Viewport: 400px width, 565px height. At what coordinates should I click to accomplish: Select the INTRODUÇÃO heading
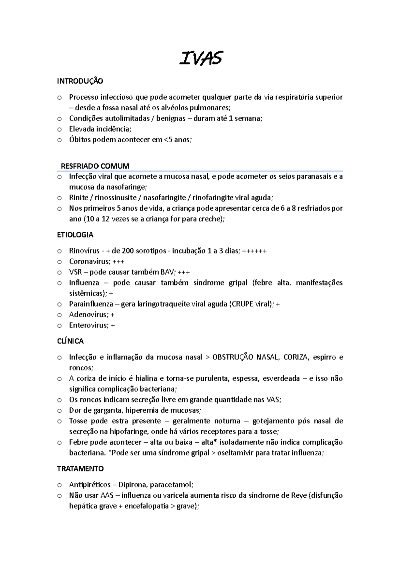80,81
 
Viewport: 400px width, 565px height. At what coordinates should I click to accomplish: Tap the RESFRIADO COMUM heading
95,166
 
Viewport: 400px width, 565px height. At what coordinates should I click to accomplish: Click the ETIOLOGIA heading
75,235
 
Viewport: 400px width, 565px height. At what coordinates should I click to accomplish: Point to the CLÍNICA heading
70,341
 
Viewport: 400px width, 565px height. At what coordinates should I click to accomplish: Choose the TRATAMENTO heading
80,469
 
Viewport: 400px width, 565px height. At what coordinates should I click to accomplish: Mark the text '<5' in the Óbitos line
169,140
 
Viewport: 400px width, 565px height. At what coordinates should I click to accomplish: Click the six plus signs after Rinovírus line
254,251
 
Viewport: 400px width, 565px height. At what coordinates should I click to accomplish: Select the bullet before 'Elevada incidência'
59,129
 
